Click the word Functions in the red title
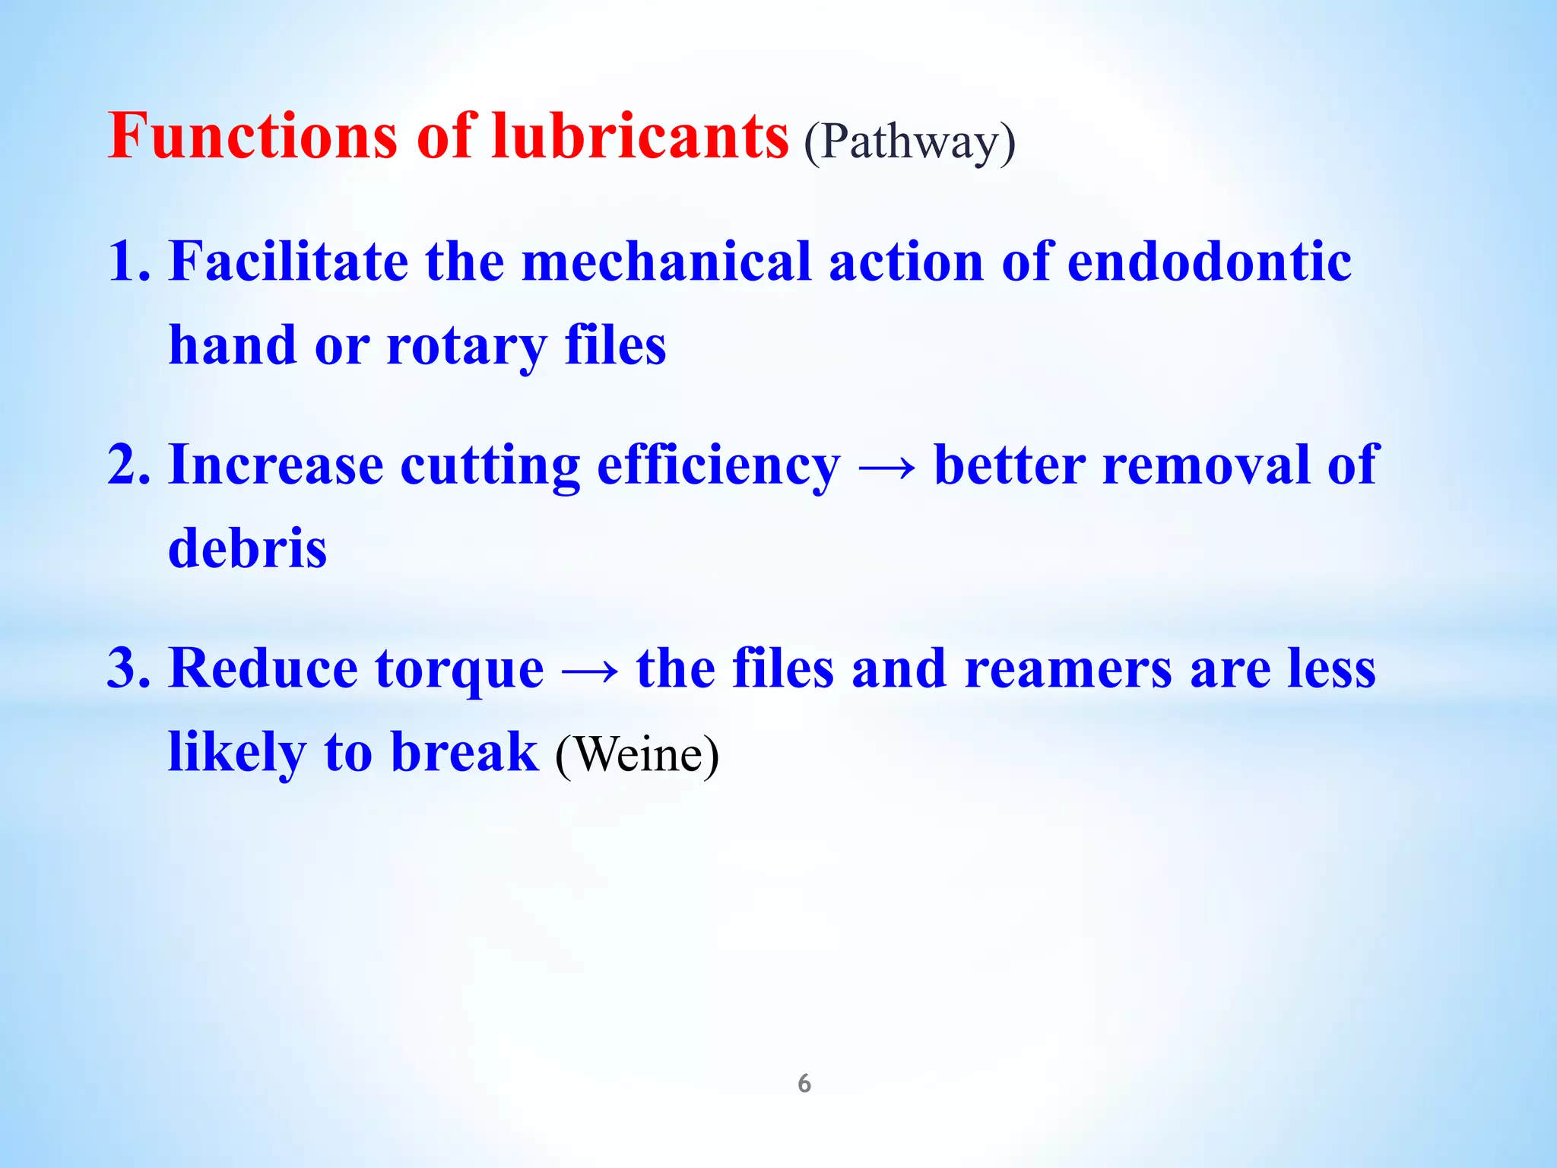[252, 137]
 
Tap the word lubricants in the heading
[640, 137]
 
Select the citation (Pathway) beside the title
[909, 141]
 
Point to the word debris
[247, 547]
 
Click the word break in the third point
[465, 753]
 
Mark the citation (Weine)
[637, 755]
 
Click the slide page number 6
[804, 1084]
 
